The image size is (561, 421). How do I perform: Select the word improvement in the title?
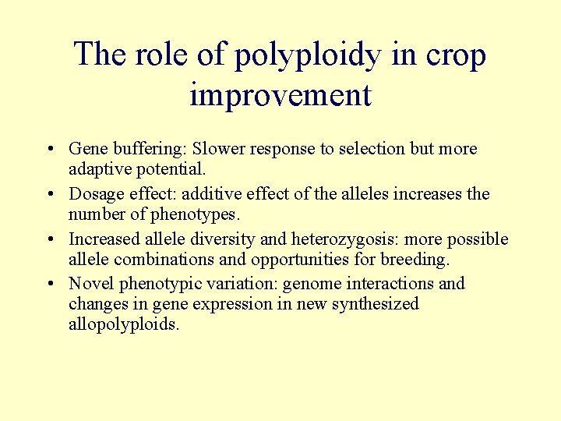coord(280,95)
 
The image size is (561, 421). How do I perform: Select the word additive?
coord(212,194)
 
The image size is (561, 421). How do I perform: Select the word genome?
coord(309,285)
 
